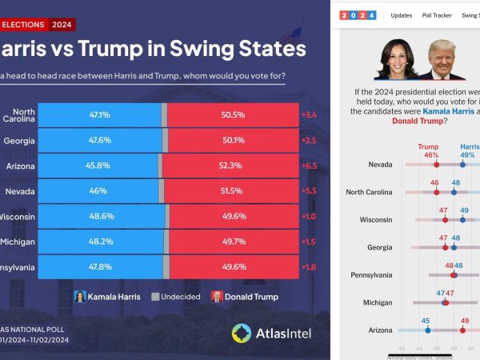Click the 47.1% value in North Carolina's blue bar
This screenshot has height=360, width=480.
tap(99, 114)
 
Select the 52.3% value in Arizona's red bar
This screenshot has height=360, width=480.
tap(233, 166)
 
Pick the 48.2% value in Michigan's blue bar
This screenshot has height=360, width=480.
tap(100, 242)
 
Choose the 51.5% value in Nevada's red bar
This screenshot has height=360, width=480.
tap(233, 191)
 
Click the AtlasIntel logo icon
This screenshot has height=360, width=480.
tap(242, 333)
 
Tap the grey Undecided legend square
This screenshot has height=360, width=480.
tap(157, 296)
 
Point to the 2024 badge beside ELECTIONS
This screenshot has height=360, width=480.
tap(62, 24)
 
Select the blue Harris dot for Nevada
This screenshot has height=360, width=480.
tap(462, 164)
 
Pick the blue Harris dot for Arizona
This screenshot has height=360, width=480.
tap(427, 330)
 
